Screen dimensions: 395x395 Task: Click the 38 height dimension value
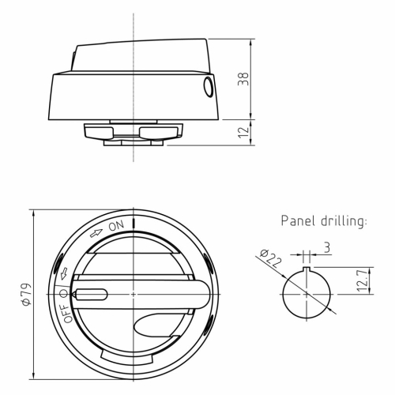[x=243, y=79]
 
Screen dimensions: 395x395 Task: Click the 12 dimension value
[x=243, y=132]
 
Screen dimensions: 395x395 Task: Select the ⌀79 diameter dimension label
[x=27, y=295]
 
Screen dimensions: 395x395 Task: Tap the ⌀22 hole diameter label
[x=270, y=258]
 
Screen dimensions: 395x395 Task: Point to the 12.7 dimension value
[x=363, y=280]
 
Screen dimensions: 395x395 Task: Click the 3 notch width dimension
[x=327, y=247]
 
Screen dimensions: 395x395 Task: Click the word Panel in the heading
[x=298, y=220]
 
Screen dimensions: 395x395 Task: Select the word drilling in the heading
[x=344, y=221]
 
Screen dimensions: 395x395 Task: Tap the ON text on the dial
[x=116, y=226]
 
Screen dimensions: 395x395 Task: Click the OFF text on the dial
[x=66, y=314]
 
